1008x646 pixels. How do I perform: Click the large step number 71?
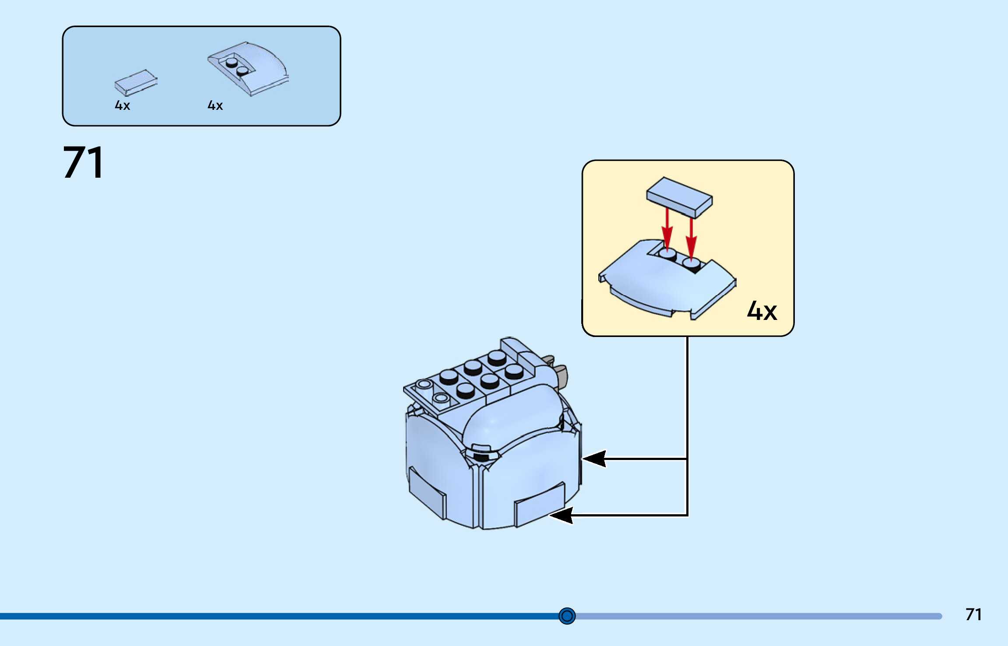tap(83, 163)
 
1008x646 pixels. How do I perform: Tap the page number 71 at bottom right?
tap(973, 614)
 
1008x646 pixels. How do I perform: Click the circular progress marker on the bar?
tap(567, 616)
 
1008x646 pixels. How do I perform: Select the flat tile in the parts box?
tap(136, 82)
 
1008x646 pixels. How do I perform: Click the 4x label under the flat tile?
tap(123, 105)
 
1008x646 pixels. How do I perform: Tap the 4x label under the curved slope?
tap(215, 105)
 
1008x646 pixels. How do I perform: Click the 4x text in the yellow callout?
tap(762, 311)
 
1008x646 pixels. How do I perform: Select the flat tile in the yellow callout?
tap(680, 197)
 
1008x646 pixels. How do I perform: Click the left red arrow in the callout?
tap(667, 228)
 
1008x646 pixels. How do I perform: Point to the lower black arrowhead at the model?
tap(562, 515)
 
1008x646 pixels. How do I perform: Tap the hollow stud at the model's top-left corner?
tap(424, 385)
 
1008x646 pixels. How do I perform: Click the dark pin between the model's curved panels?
tap(481, 457)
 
